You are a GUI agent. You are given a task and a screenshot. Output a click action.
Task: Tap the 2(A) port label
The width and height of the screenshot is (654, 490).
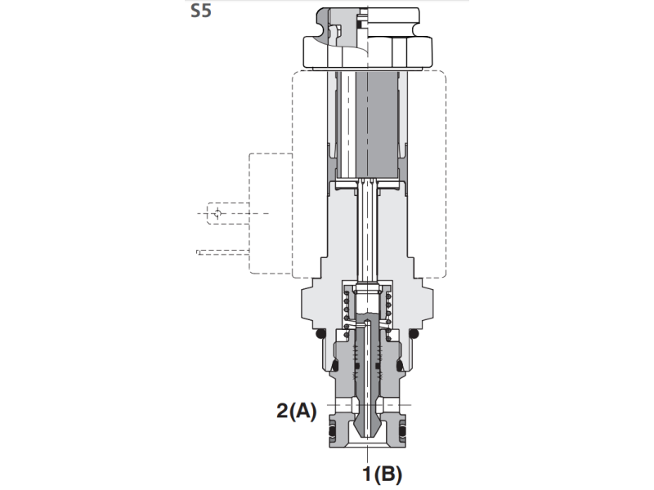point(295,411)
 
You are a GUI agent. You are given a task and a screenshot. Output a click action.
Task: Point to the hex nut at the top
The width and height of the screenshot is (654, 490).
point(368,51)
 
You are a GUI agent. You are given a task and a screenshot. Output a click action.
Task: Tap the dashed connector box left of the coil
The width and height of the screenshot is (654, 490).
point(270,212)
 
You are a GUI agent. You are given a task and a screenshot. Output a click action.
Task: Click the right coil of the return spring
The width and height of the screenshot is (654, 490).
point(389,310)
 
